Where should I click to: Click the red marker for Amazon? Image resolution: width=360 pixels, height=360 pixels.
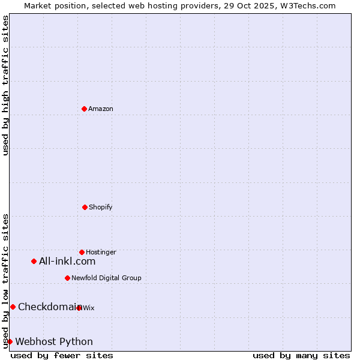[x=84, y=109]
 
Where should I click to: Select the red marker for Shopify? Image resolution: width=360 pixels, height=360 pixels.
[x=85, y=207]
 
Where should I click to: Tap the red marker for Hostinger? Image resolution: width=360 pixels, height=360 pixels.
[x=82, y=252]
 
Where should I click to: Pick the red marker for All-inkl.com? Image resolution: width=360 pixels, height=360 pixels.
[x=34, y=261]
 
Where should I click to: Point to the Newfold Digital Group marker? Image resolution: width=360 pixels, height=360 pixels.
[x=67, y=278]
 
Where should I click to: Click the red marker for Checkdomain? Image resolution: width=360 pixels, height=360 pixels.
[x=13, y=307]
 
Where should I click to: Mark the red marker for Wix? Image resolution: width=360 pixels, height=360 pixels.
[x=79, y=308]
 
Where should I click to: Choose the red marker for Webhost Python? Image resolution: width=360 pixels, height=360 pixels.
[x=10, y=341]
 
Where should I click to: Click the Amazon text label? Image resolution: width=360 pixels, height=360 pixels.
[x=101, y=109]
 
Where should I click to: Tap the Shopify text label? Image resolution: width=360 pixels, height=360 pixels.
[x=101, y=207]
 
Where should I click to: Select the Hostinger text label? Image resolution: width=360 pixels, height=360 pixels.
[x=101, y=252]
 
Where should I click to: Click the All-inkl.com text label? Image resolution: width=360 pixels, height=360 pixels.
[x=67, y=261]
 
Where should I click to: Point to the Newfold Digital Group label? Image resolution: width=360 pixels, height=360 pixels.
[x=107, y=278]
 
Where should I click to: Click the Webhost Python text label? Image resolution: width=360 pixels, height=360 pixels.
[x=54, y=341]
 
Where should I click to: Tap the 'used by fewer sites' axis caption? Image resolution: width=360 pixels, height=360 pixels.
[x=62, y=355]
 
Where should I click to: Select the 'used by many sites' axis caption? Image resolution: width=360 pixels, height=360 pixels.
[x=301, y=355]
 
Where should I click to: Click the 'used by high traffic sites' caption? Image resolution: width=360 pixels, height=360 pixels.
[x=5, y=85]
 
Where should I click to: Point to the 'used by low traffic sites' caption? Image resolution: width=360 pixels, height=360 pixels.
[x=5, y=281]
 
